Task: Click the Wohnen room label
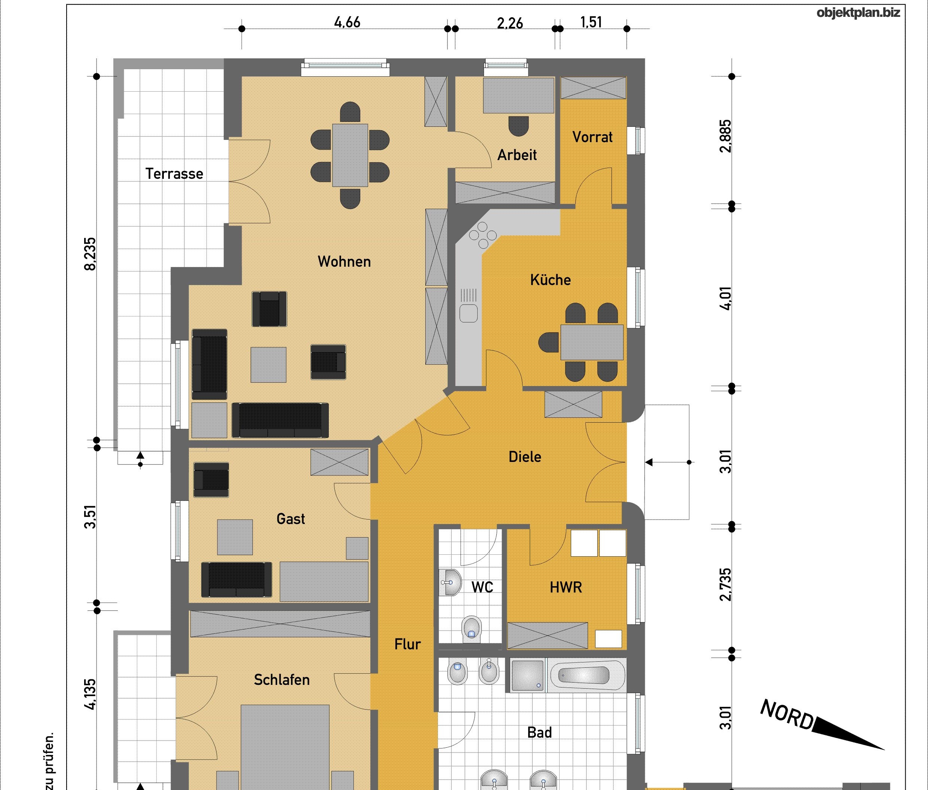344,261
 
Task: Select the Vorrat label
592,137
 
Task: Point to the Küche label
551,279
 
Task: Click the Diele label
525,456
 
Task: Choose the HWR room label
566,587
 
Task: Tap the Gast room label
291,518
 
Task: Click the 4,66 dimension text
347,22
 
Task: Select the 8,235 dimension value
90,254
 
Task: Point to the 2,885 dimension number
726,136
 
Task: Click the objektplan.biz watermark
858,13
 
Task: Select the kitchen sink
468,306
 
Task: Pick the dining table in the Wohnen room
350,155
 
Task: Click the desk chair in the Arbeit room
519,126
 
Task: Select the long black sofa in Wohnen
280,420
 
